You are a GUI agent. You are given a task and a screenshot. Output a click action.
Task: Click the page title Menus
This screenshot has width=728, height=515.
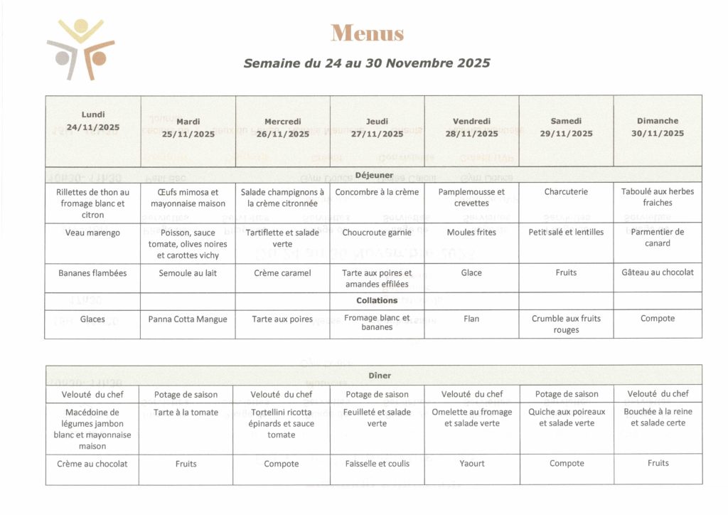pyautogui.click(x=367, y=33)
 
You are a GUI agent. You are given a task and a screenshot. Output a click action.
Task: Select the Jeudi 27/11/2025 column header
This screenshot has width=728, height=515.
pyautogui.click(x=377, y=127)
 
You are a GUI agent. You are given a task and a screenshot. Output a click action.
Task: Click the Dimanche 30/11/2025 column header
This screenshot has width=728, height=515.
pyautogui.click(x=658, y=127)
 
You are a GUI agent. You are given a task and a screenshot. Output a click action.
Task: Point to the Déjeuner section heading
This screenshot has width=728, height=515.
pyautogui.click(x=374, y=174)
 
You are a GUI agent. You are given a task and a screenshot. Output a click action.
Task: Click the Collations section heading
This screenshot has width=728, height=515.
pyautogui.click(x=377, y=300)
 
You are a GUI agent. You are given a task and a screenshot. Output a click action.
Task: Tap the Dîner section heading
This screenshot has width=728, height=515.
pyautogui.click(x=380, y=375)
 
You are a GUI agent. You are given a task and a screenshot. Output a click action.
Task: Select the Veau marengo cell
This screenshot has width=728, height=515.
pyautogui.click(x=92, y=233)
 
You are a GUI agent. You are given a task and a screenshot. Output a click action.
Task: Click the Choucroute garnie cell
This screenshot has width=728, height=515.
pyautogui.click(x=377, y=233)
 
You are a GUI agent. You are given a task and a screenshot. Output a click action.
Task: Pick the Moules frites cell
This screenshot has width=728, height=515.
pyautogui.click(x=471, y=232)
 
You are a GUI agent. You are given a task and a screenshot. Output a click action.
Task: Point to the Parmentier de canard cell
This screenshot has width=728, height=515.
pyautogui.click(x=658, y=238)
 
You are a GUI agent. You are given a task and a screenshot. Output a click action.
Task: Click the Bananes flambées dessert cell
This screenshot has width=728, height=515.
pyautogui.click(x=92, y=272)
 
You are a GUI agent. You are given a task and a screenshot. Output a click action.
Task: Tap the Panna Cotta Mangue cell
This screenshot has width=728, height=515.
pyautogui.click(x=188, y=319)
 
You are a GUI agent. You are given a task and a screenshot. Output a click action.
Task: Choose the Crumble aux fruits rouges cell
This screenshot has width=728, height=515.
pyautogui.click(x=566, y=324)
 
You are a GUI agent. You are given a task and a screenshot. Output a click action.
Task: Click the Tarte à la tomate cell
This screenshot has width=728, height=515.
pyautogui.click(x=186, y=413)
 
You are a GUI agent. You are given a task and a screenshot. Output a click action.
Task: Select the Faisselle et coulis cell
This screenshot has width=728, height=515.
pyautogui.click(x=377, y=464)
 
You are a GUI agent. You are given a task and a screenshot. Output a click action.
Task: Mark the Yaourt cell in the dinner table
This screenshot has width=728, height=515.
pyautogui.click(x=472, y=464)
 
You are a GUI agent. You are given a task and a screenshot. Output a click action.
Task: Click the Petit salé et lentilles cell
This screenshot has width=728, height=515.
pyautogui.click(x=566, y=232)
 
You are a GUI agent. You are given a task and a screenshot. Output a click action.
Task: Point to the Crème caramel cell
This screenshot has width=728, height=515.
pyautogui.click(x=282, y=273)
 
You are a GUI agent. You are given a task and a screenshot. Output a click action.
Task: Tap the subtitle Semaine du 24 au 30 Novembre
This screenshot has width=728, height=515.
pyautogui.click(x=367, y=63)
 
